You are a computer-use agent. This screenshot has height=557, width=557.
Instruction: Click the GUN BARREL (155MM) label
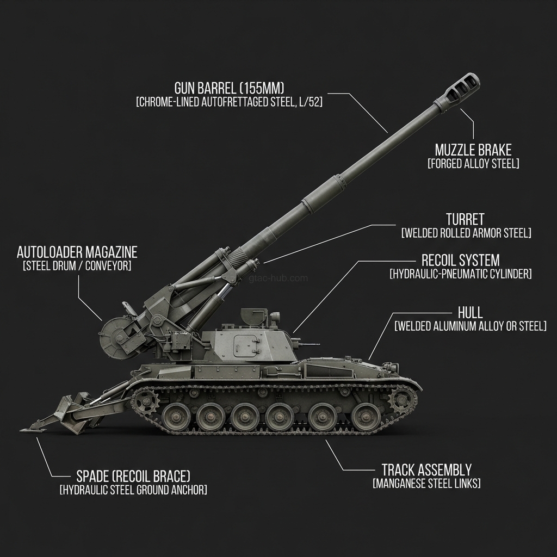(229, 88)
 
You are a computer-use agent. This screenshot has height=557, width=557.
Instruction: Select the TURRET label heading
(465, 219)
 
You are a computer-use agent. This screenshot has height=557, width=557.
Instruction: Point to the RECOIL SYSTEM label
(460, 260)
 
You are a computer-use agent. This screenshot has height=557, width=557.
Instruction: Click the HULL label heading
(470, 312)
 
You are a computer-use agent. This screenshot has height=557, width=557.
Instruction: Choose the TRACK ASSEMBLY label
(426, 469)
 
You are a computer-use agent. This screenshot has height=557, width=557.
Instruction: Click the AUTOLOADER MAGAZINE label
(77, 252)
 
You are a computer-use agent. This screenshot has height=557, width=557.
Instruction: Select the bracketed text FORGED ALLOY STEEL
(473, 164)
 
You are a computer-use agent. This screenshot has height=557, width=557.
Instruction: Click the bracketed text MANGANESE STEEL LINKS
(426, 484)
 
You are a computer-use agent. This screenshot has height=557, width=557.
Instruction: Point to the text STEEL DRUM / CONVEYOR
(77, 266)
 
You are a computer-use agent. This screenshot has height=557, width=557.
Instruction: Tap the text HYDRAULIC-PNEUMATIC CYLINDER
(460, 274)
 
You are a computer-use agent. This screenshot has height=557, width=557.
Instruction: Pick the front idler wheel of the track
(402, 403)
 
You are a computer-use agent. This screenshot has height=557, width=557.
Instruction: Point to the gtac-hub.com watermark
(278, 278)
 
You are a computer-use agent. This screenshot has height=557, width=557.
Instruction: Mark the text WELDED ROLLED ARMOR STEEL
(466, 233)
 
